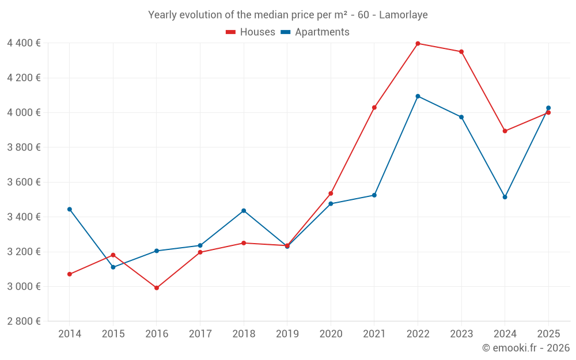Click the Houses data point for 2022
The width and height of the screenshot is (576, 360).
coord(418,43)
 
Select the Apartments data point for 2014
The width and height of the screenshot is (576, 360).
coord(70,209)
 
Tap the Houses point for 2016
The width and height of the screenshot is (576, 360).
coord(157,287)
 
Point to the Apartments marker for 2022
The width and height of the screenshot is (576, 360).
coord(418,96)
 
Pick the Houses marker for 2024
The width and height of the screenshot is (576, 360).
coord(505,131)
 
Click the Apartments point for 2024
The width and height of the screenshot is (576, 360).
coord(505,197)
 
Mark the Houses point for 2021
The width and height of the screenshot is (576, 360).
coord(374,107)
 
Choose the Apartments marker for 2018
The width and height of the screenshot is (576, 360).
coord(244,211)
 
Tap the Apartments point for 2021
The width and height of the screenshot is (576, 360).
coord(374,195)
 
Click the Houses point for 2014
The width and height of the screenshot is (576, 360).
coord(70,274)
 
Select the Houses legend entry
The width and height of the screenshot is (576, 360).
coord(251,32)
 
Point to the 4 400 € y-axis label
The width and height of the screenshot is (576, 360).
coord(24,43)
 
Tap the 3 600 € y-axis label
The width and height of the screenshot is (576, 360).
coord(24,182)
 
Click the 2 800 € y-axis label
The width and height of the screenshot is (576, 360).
coord(24,321)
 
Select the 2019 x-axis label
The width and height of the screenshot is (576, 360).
coord(287,334)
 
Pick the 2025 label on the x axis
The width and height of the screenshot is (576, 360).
coord(548,334)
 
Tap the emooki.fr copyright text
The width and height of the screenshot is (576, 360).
coord(526,348)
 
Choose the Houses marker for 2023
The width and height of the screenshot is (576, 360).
coord(461,52)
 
